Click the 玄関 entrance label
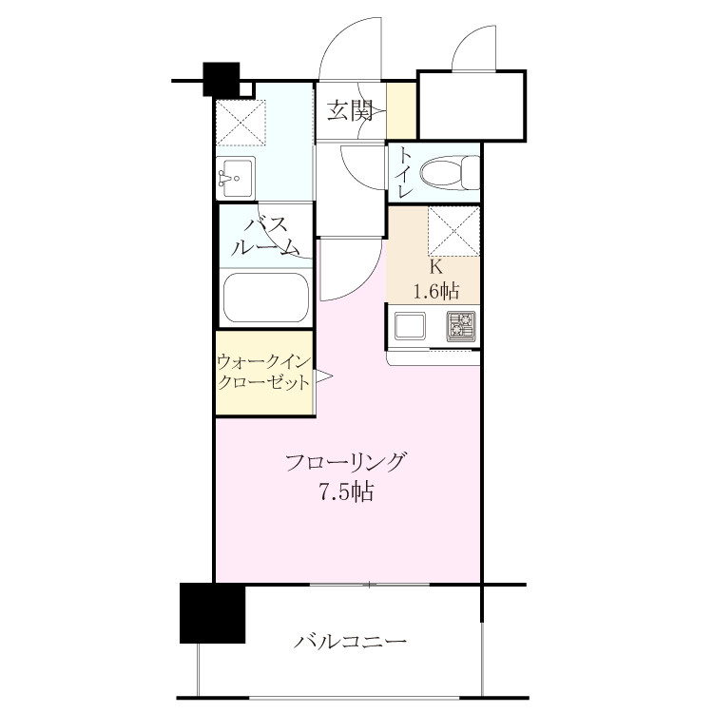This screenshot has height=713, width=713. click(349, 110)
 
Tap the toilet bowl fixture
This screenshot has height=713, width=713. click(450, 172)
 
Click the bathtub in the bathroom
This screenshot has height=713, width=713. click(266, 297)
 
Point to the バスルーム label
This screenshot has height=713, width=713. click(266, 237)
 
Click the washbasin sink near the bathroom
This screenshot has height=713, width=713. click(235, 178)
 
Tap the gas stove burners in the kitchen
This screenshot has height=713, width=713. click(461, 325)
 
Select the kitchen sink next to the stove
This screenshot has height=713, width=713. click(410, 325)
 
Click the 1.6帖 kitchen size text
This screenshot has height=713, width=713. click(436, 291)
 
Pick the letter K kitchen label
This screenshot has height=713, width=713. click(436, 267)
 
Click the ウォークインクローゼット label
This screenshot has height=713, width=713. click(264, 373)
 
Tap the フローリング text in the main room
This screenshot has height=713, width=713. click(345, 462)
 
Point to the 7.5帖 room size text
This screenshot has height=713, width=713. click(346, 491)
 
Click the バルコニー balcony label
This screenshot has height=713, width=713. click(349, 642)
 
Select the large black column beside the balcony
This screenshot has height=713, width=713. click(212, 613)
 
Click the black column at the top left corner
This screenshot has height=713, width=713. click(221, 79)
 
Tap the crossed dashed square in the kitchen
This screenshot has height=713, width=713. click(453, 232)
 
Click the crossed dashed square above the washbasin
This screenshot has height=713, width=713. click(241, 123)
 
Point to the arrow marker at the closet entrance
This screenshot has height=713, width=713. click(324, 376)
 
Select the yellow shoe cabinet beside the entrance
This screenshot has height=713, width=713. click(401, 110)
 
